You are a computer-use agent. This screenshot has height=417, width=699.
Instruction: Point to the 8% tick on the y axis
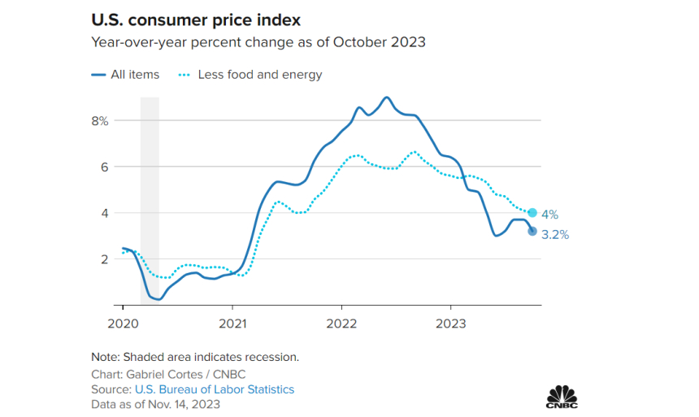pos(99,120)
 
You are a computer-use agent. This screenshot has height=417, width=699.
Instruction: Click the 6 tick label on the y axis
pos(104,167)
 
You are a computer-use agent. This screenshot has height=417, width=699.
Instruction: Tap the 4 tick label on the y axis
pos(104,213)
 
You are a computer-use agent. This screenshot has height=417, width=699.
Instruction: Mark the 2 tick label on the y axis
pos(104,259)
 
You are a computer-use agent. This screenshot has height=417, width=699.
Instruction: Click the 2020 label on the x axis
pos(123,323)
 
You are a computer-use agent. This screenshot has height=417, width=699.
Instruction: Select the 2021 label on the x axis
pos(232,323)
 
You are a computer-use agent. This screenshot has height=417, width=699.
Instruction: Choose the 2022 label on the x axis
pos(342,323)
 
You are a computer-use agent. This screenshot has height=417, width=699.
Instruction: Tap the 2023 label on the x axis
pos(451,323)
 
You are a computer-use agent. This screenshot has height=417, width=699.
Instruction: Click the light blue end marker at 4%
pos(532,213)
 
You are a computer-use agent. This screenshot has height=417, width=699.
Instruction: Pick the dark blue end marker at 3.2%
pos(532,231)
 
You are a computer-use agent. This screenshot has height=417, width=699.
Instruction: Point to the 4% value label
pos(550,215)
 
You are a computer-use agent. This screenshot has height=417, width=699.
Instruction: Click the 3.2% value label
pos(555,235)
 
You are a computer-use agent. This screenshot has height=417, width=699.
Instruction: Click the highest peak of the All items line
pos(386,98)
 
